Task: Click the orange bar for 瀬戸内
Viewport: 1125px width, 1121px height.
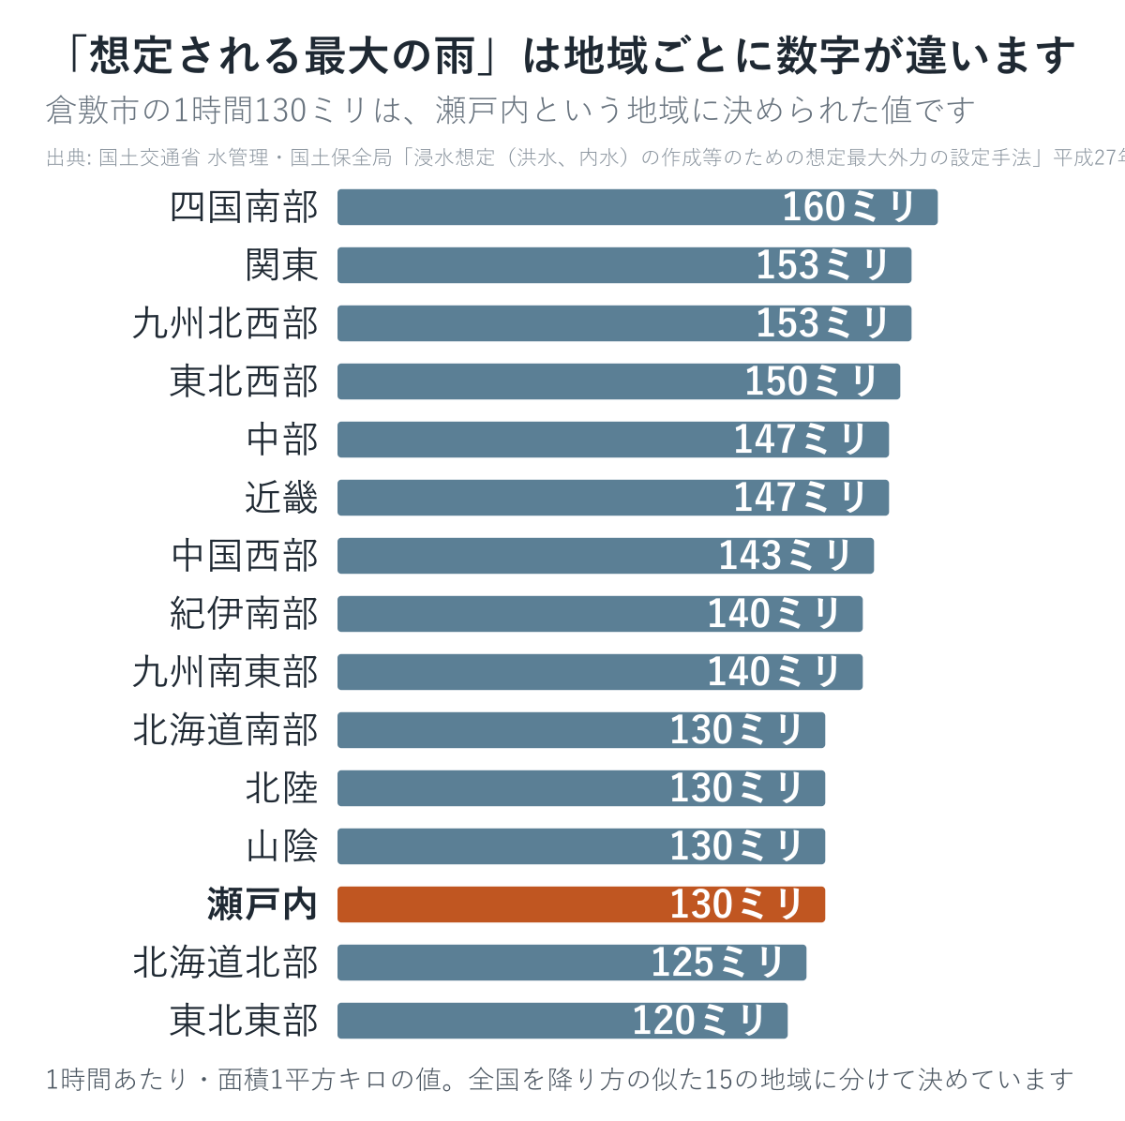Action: click(581, 904)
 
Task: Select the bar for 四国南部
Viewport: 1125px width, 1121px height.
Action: click(637, 207)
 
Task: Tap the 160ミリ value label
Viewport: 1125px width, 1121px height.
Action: click(848, 207)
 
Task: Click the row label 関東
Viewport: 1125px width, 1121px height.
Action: click(281, 265)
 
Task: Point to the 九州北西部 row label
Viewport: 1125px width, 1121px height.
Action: click(225, 323)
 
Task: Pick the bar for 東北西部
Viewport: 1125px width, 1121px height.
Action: click(619, 381)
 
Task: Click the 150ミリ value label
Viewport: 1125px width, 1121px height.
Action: click(811, 381)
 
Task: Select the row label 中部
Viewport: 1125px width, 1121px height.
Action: click(281, 440)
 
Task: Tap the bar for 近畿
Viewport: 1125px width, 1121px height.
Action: click(613, 498)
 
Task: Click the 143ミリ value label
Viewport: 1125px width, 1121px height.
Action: click(785, 555)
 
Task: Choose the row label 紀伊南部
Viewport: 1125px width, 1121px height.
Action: click(244, 614)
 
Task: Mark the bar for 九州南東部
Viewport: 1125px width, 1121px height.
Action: click(600, 671)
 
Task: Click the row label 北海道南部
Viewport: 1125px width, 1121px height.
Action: click(225, 730)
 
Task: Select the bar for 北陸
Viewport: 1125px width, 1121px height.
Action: click(581, 788)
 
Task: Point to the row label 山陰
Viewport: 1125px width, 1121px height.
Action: click(281, 846)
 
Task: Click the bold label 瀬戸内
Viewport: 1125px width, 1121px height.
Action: click(262, 904)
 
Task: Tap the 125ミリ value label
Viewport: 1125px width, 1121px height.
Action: click(717, 963)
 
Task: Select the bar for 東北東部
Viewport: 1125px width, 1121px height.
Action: click(562, 1021)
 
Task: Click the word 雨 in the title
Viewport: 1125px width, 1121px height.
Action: click(454, 56)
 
